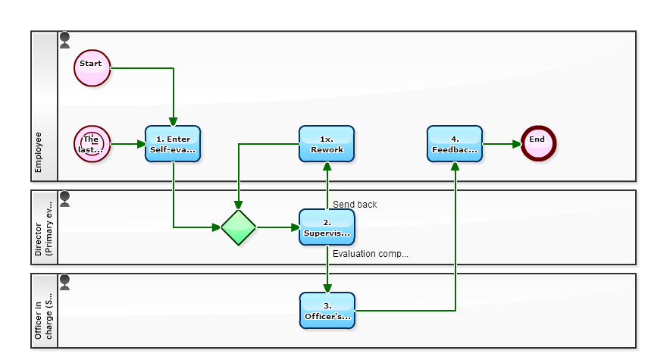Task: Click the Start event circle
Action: tap(92, 68)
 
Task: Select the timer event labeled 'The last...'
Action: tap(92, 144)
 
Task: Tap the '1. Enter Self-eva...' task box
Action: tap(173, 144)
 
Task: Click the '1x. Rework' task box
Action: tap(327, 144)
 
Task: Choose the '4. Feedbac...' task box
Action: tap(455, 144)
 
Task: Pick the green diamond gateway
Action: tap(239, 227)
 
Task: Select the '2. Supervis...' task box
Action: tap(327, 227)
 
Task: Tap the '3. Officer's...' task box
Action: tap(327, 311)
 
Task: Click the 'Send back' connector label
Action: tap(355, 205)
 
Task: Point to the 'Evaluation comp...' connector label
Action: tap(370, 254)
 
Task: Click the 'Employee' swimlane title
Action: tap(39, 152)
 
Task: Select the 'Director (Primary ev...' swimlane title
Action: tap(44, 227)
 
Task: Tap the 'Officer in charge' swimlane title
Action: tap(44, 311)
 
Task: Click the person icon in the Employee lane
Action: tap(65, 39)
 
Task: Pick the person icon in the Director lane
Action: tap(65, 199)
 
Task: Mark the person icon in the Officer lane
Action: tap(65, 282)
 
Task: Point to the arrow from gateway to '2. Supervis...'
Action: tap(277, 227)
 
